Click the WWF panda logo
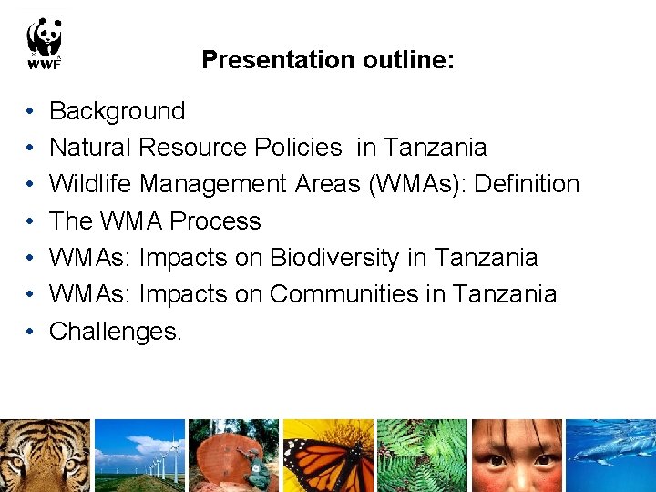coord(44,44)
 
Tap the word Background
coord(117,111)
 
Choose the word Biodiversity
coord(334,258)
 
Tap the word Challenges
coord(116,332)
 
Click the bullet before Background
coord(30,112)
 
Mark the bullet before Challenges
coord(30,332)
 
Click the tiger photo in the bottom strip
coord(45,456)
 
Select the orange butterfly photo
coord(328,456)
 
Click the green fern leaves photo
coord(422,456)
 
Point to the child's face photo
coord(516,456)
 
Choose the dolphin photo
coord(610,456)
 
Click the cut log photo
coord(233,456)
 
